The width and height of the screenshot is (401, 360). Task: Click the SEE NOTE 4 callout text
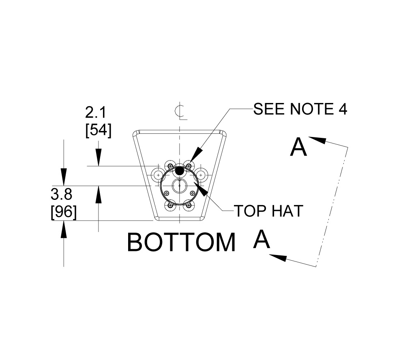(300, 109)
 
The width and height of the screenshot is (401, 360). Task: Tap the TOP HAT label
(268, 210)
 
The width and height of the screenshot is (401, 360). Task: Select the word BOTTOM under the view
(181, 242)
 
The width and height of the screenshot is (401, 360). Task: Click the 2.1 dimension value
(96, 112)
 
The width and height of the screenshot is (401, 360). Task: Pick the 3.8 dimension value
(62, 195)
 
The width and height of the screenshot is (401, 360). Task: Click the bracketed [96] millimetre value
(64, 212)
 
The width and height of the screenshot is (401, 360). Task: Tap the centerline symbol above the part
(180, 111)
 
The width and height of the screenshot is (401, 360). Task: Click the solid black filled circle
(179, 171)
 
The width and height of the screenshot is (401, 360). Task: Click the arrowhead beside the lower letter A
(277, 257)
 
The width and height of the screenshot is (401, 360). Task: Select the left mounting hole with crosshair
(158, 175)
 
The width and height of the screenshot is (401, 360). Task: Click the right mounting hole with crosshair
(202, 175)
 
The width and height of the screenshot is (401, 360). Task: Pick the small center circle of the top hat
(179, 186)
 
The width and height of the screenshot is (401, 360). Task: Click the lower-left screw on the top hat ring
(170, 205)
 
